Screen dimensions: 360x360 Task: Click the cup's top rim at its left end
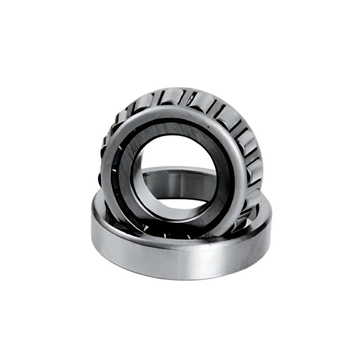pos(95,203)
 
